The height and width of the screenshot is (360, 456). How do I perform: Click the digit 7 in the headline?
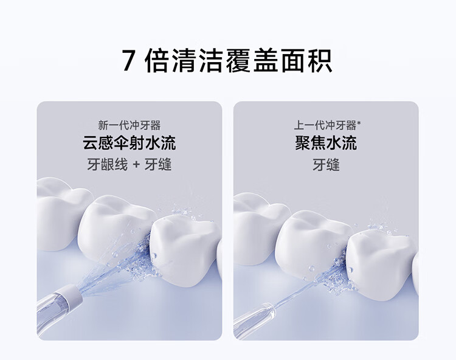(x=128, y=60)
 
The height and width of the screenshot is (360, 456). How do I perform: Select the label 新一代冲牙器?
(x=130, y=126)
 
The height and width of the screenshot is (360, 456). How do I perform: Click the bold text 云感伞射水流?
(x=130, y=143)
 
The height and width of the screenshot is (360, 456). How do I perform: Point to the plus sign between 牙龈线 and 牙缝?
(x=136, y=165)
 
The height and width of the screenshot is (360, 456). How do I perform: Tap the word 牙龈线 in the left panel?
(x=107, y=165)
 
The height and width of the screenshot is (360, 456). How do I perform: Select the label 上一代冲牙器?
(x=325, y=126)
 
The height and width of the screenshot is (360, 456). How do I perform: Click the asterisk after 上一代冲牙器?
(x=359, y=123)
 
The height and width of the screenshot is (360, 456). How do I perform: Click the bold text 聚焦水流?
(x=326, y=143)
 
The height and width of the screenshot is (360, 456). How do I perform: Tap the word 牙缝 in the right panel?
(x=326, y=165)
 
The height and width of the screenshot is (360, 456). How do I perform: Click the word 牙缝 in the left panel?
(x=158, y=165)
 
